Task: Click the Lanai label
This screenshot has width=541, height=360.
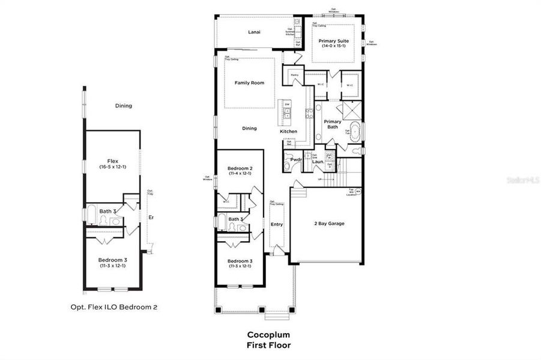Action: coord(254,32)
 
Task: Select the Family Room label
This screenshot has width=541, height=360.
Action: coord(249,83)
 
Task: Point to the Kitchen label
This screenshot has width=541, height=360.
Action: coord(288,131)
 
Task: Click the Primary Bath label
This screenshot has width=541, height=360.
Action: coord(333,124)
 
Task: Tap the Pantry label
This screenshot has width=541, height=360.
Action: coord(295,75)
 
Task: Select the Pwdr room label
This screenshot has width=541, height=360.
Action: coord(295,160)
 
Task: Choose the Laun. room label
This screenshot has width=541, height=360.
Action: coord(318,161)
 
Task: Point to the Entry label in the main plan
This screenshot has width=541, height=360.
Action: coord(277,224)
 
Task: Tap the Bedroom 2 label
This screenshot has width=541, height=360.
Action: coord(240,169)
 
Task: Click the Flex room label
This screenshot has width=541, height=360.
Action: coord(112,161)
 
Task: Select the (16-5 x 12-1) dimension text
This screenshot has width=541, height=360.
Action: coord(112,167)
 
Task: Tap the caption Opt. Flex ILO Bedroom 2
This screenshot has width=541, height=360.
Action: coord(113,307)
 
